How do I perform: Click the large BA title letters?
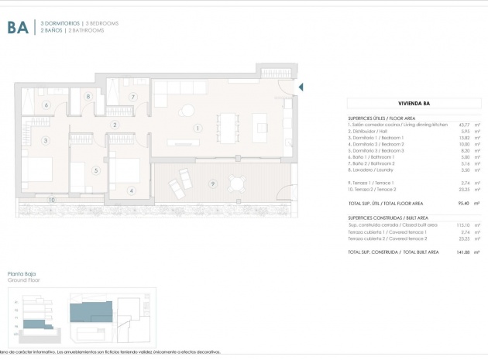click(x=19, y=29)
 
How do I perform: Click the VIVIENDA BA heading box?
click(x=414, y=102)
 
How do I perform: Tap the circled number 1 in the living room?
click(x=198, y=128)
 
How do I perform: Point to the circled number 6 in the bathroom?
click(x=46, y=105)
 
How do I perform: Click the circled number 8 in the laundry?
click(x=89, y=97)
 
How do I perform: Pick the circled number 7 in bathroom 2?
click(x=133, y=97)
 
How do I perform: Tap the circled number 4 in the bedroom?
click(x=132, y=190)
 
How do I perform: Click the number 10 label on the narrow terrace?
click(x=51, y=200)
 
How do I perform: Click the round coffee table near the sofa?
click(x=188, y=111)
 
